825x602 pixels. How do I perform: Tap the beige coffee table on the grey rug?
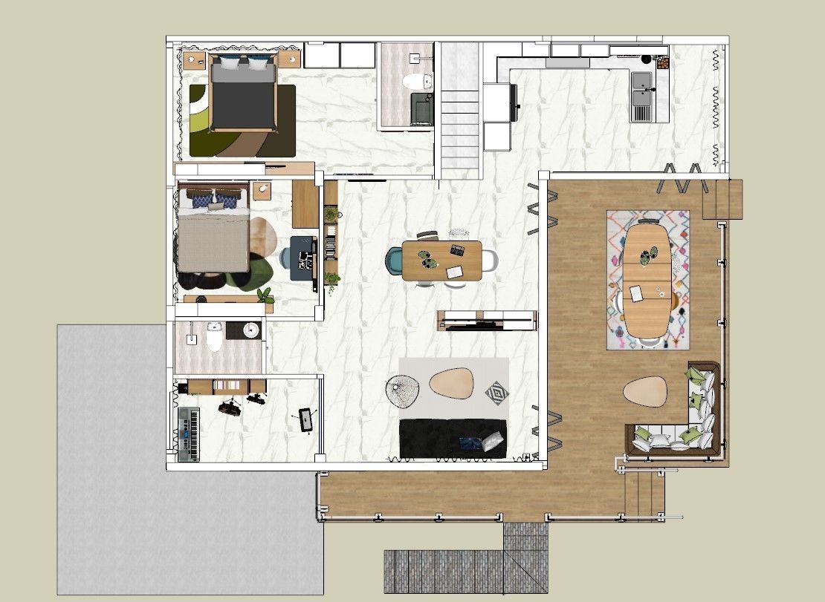(x=453, y=384)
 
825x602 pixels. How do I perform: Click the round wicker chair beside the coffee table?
(x=404, y=391)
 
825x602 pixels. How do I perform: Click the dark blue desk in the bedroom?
(x=303, y=257)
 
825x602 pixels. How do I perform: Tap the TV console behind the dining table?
(x=487, y=319)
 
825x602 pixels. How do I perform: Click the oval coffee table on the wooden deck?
(x=644, y=392)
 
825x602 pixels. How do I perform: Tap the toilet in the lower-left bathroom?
(x=215, y=337)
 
